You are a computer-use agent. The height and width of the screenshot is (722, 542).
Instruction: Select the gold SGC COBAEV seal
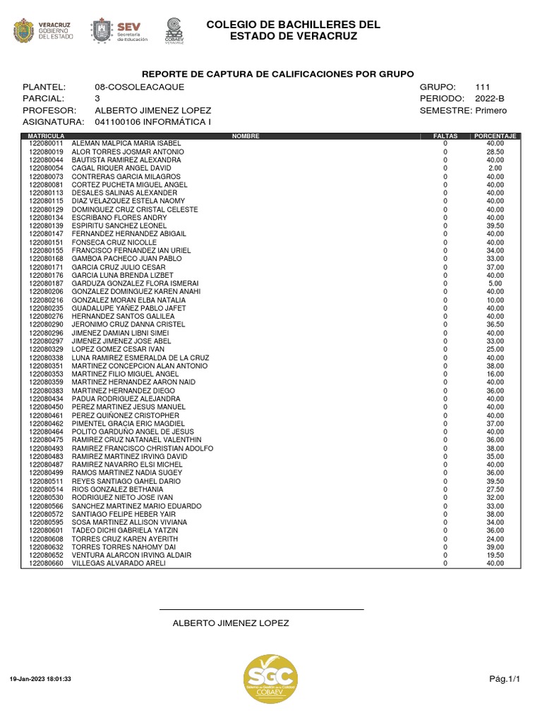(270, 678)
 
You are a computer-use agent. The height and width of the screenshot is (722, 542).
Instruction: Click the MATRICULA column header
(47, 135)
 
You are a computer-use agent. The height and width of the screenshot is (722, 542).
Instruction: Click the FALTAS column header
(445, 135)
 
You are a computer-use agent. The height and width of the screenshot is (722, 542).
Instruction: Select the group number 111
(483, 87)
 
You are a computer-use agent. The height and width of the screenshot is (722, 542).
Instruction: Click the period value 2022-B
(489, 99)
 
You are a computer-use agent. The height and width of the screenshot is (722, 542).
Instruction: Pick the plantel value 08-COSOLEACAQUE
(139, 87)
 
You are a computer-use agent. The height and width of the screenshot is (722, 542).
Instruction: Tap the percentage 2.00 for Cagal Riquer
(495, 169)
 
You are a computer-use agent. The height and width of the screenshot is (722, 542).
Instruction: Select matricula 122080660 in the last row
(47, 563)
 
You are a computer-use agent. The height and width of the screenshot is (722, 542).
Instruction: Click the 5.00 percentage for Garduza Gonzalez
(495, 283)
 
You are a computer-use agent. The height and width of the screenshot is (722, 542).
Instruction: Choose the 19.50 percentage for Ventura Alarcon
(495, 555)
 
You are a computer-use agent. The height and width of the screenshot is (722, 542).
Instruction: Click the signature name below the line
(231, 623)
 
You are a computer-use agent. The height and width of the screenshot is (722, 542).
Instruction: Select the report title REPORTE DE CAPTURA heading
(278, 74)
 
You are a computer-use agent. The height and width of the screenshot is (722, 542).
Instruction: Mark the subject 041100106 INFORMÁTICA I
(153, 123)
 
